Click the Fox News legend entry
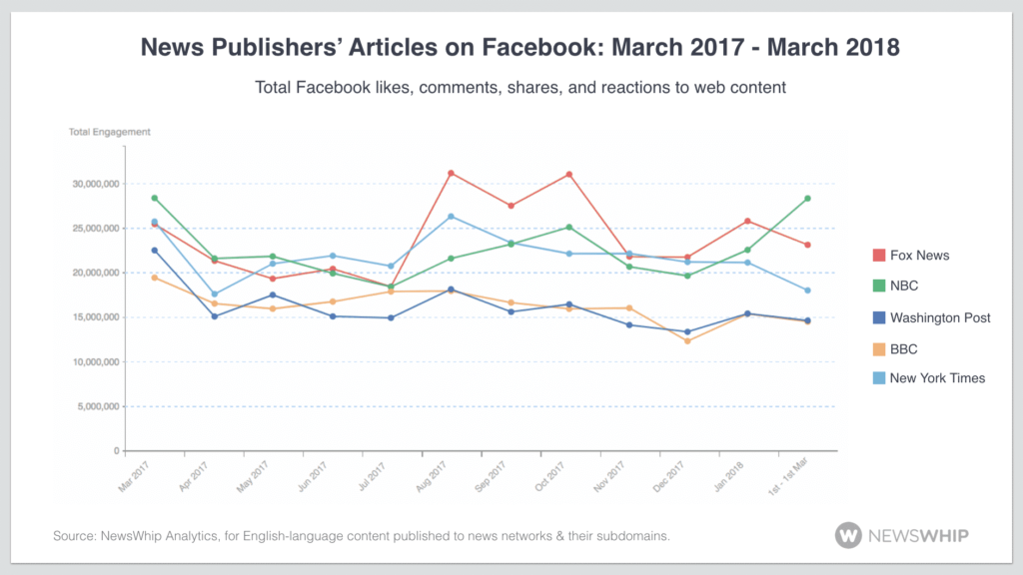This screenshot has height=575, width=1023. (x=919, y=256)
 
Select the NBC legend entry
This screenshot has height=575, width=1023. (x=905, y=287)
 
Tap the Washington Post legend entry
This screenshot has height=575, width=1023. (x=939, y=317)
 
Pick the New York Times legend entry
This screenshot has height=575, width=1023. (x=936, y=378)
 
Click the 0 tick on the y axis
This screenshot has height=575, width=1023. (x=115, y=451)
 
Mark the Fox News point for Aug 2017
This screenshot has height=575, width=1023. (x=452, y=173)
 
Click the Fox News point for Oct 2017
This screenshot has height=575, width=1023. (x=569, y=175)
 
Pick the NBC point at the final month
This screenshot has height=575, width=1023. (x=806, y=199)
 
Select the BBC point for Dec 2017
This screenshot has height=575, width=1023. (x=687, y=341)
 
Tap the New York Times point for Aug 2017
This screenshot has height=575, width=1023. (x=452, y=217)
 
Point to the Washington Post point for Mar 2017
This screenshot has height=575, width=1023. (x=155, y=251)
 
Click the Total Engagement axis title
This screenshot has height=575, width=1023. (x=109, y=132)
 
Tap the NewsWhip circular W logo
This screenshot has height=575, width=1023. (x=848, y=535)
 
